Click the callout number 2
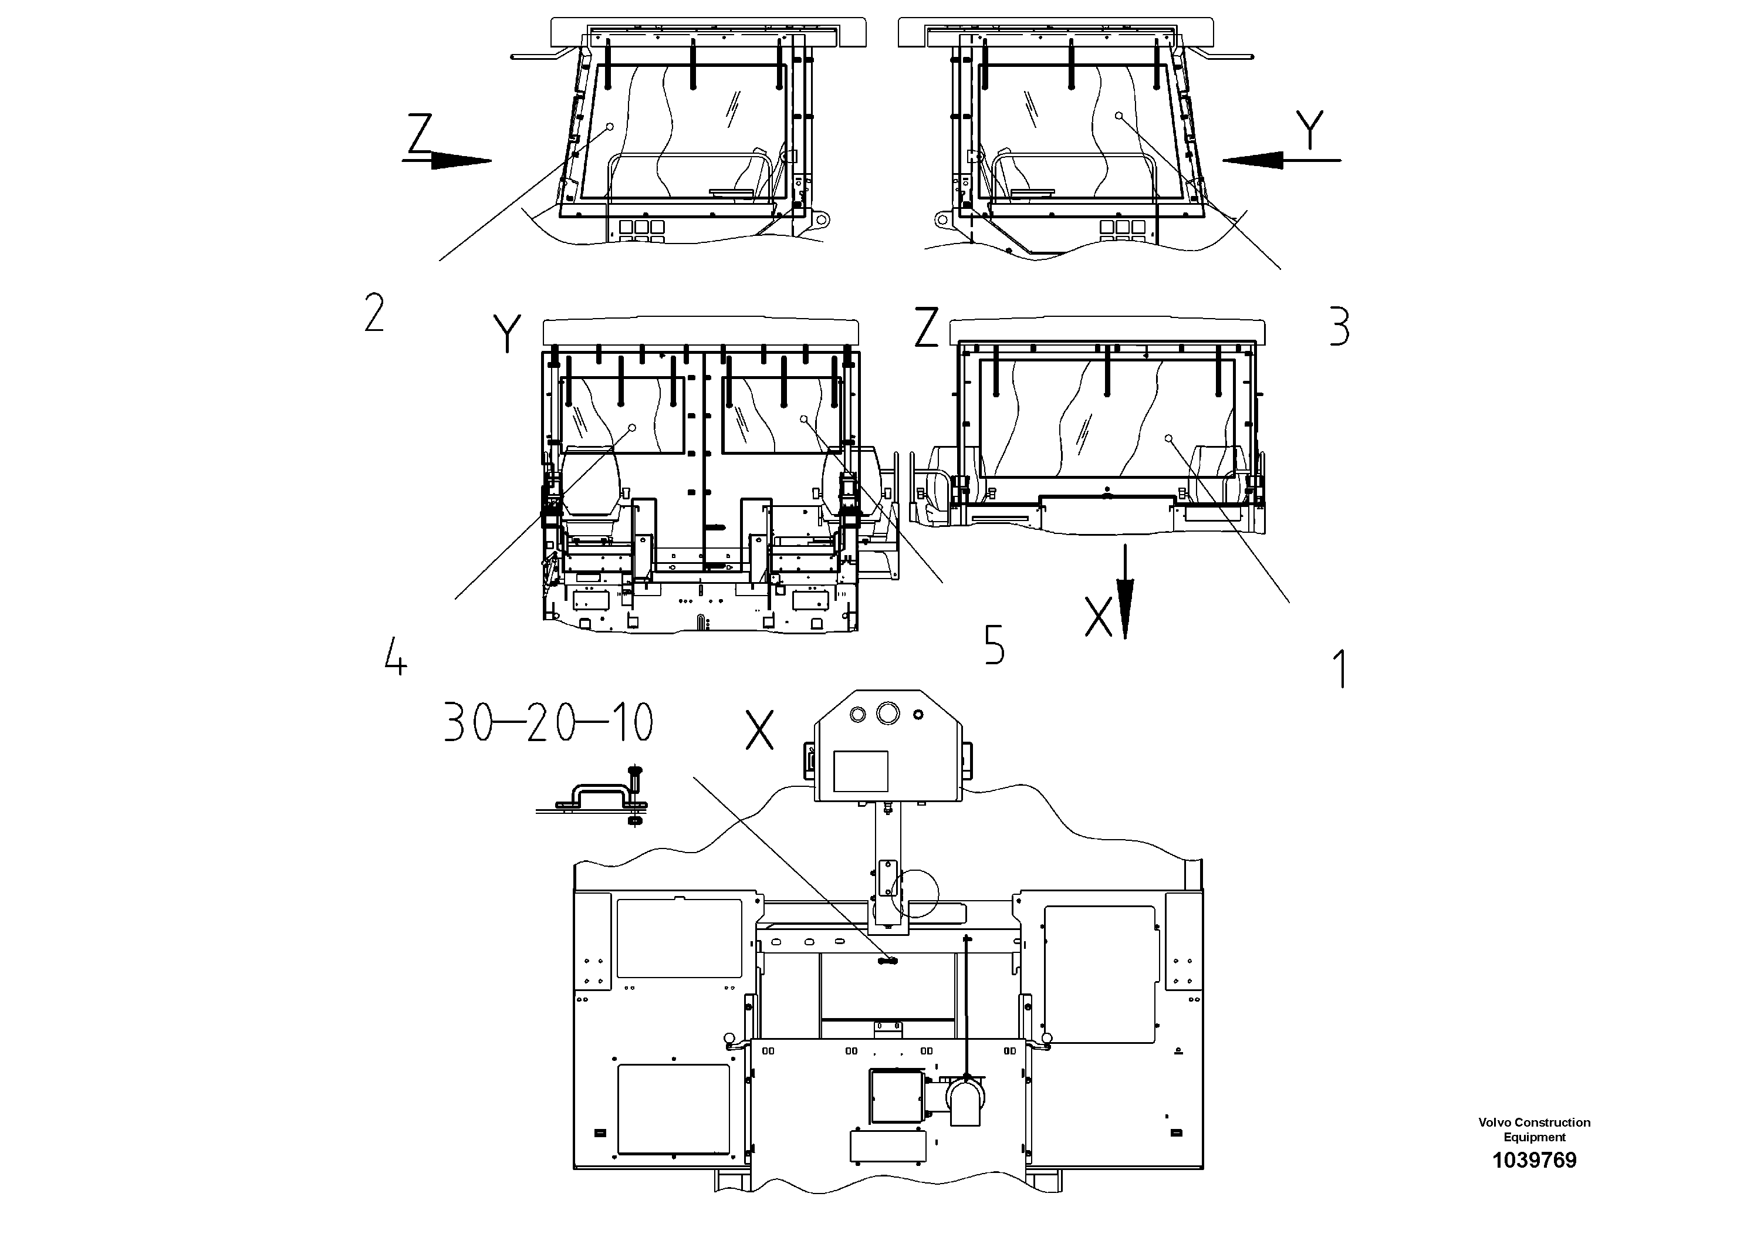pyautogui.click(x=374, y=313)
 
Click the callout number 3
pyautogui.click(x=1339, y=327)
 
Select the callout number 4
pyautogui.click(x=396, y=657)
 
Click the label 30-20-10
pyautogui.click(x=549, y=723)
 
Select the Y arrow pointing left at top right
pyautogui.click(x=1280, y=159)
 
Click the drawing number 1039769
pyautogui.click(x=1534, y=1160)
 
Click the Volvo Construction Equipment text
pyautogui.click(x=1534, y=1130)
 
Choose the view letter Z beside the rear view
pyautogui.click(x=926, y=328)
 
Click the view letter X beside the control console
pyautogui.click(x=759, y=731)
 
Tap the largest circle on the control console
pyautogui.click(x=887, y=713)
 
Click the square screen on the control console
pyautogui.click(x=860, y=770)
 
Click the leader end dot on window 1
pyautogui.click(x=1169, y=438)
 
